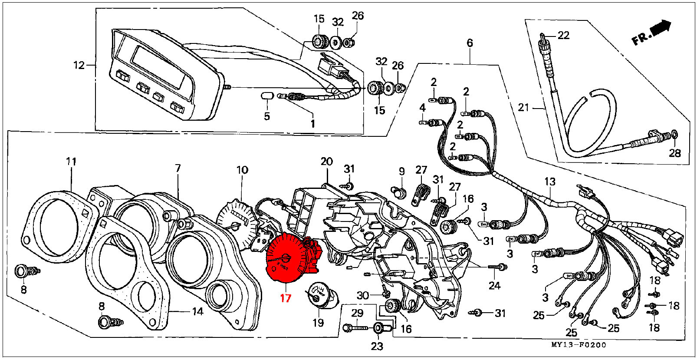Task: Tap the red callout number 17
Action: click(x=286, y=298)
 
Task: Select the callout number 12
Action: click(x=79, y=66)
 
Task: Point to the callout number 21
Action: click(x=524, y=107)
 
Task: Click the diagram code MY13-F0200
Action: click(x=579, y=345)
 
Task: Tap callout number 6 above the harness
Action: click(x=470, y=43)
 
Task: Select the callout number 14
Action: click(x=197, y=311)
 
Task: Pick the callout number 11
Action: click(x=71, y=162)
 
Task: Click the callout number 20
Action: click(x=326, y=162)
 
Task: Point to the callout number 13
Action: click(x=550, y=182)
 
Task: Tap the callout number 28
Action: click(x=674, y=153)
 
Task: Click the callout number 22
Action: click(x=563, y=35)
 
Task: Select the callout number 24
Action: click(x=494, y=285)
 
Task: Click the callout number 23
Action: click(x=377, y=347)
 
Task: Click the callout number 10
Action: click(x=242, y=170)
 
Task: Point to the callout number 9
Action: click(x=401, y=171)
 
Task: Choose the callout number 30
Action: click(x=363, y=296)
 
